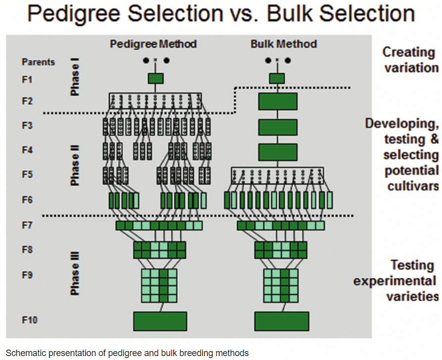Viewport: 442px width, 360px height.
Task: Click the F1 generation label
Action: (x=27, y=80)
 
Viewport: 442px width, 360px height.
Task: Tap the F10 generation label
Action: (x=30, y=320)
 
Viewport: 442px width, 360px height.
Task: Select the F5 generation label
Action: (x=27, y=174)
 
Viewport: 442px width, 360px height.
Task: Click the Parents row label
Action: (x=38, y=62)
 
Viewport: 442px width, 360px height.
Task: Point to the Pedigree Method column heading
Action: (x=153, y=44)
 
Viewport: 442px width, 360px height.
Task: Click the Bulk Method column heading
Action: (x=284, y=44)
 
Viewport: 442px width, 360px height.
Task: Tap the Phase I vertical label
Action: (x=75, y=76)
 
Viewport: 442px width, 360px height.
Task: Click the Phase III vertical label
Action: (x=75, y=273)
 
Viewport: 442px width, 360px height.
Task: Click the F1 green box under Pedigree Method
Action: (x=156, y=78)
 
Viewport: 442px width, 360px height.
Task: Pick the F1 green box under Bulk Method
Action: (x=277, y=78)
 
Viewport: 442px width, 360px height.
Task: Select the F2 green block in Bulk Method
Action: (x=278, y=102)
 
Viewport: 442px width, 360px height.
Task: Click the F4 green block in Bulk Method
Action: (x=278, y=152)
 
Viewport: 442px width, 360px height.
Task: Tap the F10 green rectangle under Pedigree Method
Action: (x=160, y=321)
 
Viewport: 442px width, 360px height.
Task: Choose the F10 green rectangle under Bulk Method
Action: (x=282, y=321)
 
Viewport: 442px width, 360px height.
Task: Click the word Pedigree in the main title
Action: (x=80, y=14)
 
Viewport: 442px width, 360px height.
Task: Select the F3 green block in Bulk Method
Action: (x=278, y=127)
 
